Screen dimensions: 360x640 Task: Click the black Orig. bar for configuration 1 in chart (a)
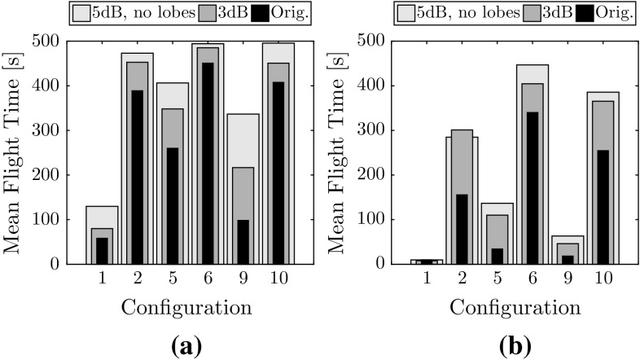click(x=102, y=251)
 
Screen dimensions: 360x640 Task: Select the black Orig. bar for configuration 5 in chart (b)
click(x=497, y=256)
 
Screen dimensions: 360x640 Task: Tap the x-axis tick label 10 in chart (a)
click(x=278, y=279)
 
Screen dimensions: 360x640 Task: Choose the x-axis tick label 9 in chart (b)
click(x=568, y=279)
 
